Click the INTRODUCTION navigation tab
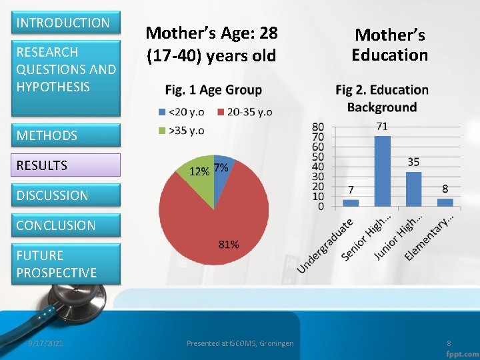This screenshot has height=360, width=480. (63, 23)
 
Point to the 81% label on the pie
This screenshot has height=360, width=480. (229, 245)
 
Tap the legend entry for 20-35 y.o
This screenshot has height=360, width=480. (244, 112)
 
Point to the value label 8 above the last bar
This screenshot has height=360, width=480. (445, 189)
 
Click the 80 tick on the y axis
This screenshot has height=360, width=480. (318, 127)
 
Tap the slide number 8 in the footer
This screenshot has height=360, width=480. (449, 343)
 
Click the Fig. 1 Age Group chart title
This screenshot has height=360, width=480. (213, 90)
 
